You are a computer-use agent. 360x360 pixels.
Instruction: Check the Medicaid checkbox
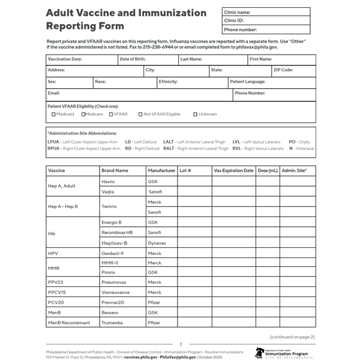(53, 114)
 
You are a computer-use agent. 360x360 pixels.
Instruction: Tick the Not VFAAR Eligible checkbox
(140, 114)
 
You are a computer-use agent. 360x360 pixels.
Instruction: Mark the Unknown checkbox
(195, 114)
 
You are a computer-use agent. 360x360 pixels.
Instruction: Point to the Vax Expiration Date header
(233, 170)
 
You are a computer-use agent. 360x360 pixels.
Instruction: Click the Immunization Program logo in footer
(281, 353)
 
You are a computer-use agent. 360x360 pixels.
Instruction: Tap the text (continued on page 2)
(292, 337)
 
